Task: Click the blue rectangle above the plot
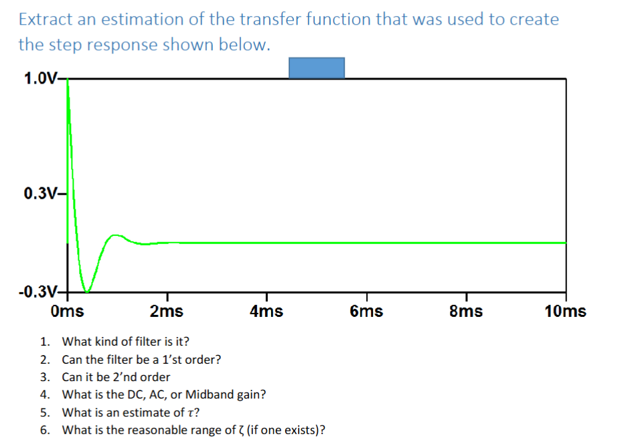(x=317, y=68)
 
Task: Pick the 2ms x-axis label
(x=166, y=311)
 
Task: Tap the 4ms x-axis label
(x=266, y=311)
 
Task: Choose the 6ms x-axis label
(x=366, y=311)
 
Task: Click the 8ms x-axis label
(x=466, y=311)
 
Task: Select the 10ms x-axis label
(x=565, y=311)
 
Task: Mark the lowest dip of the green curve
(x=85, y=291)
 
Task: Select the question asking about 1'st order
(x=141, y=359)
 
